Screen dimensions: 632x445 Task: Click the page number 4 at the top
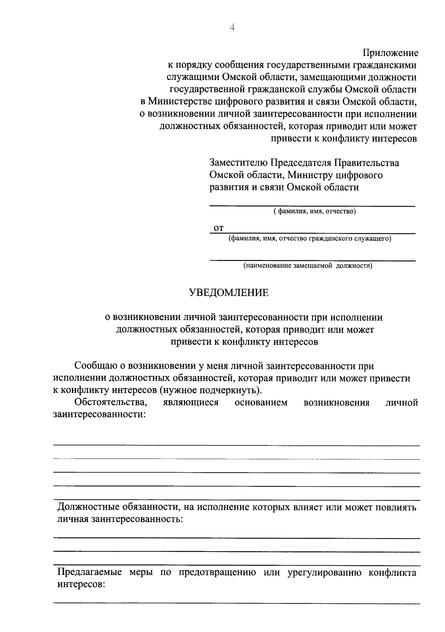(x=233, y=27)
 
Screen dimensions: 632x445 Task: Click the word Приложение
(x=390, y=53)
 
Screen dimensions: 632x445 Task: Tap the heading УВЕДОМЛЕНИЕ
(x=229, y=293)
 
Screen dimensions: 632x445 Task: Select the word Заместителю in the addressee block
(x=238, y=163)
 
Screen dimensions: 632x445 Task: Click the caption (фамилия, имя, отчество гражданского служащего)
(x=310, y=238)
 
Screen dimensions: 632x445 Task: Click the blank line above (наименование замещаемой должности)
(x=312, y=260)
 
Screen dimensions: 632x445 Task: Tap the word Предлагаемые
(x=89, y=572)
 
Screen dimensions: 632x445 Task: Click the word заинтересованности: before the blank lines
(x=99, y=414)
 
